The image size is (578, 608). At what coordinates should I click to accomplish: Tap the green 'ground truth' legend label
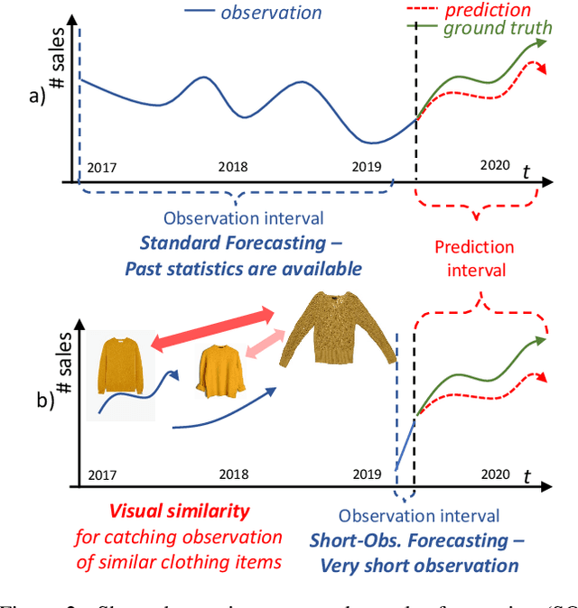[x=497, y=28]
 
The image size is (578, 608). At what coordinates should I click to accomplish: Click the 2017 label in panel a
[x=102, y=168]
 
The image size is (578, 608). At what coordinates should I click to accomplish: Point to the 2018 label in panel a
[x=233, y=168]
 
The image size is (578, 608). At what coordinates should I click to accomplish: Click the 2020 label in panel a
[x=495, y=165]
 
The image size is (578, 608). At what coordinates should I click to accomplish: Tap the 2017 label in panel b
[x=102, y=474]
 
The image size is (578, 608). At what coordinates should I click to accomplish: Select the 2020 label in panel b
[x=495, y=473]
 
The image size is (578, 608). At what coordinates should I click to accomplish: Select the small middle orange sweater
[x=222, y=371]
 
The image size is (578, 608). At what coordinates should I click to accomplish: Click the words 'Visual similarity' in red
[x=179, y=511]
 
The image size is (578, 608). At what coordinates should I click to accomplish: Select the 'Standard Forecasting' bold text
[x=242, y=243]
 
